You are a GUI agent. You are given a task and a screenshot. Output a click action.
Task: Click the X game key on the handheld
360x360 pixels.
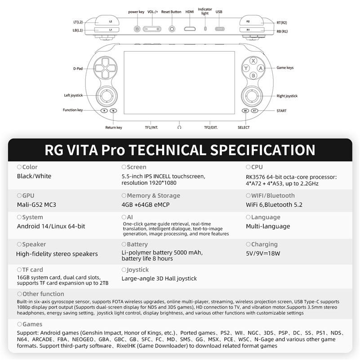tap(253, 61)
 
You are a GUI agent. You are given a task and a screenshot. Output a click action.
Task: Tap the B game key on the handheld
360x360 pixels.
tap(253, 76)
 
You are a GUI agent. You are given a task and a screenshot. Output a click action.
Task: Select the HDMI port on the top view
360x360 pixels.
tap(190, 29)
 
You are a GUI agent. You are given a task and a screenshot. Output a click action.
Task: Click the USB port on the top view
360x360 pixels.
tap(219, 29)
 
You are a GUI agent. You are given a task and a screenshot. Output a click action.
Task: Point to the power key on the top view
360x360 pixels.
tap(137, 29)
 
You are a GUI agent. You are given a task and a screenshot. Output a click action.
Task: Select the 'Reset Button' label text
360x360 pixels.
tap(171, 12)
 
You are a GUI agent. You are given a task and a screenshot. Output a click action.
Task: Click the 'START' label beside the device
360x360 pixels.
tap(281, 111)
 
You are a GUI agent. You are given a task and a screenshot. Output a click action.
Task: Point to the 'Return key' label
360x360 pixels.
tap(114, 128)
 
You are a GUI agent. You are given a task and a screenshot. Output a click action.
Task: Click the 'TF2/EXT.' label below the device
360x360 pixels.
tap(211, 128)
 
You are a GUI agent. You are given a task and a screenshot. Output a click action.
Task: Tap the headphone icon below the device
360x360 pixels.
tap(179, 128)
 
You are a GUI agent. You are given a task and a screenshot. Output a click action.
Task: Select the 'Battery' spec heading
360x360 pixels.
tap(137, 244)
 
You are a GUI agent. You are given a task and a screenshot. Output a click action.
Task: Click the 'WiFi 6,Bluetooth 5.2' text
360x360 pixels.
tap(274, 205)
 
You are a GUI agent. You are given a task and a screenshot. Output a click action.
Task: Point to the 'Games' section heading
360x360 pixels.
tap(32, 324)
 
